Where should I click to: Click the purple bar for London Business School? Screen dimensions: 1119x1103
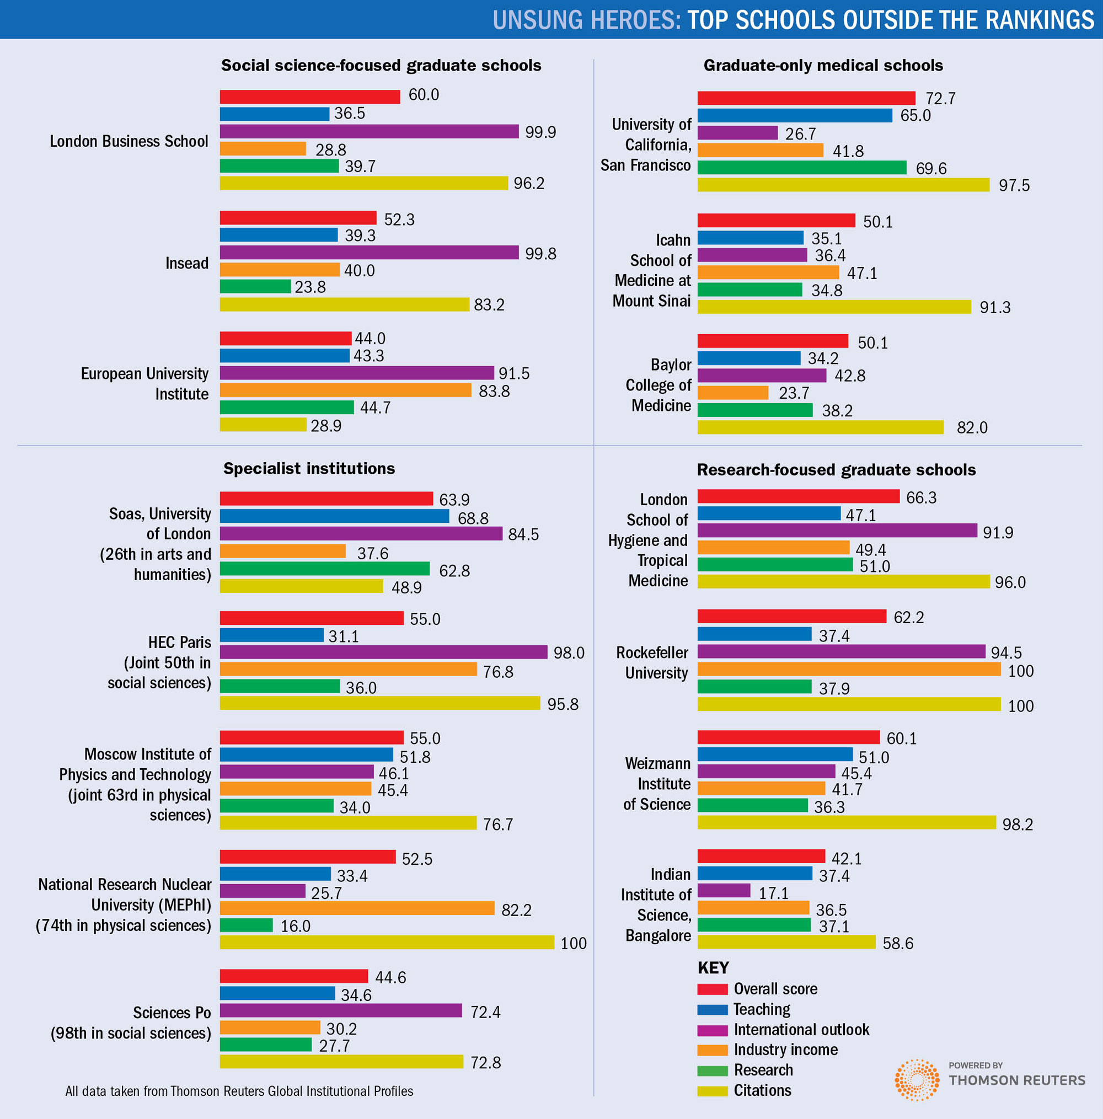(x=369, y=131)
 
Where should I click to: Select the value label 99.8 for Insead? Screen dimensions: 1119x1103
(x=540, y=254)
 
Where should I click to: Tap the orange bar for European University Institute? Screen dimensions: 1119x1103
(x=345, y=390)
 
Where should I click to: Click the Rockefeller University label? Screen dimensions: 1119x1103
(x=652, y=662)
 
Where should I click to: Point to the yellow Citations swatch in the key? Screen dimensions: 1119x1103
(x=712, y=1091)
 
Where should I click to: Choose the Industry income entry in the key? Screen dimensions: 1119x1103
(x=785, y=1050)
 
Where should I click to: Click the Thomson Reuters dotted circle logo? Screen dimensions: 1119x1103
(x=917, y=1080)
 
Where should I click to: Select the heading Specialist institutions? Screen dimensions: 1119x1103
(x=309, y=469)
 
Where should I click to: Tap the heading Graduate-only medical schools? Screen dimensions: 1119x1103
(x=823, y=66)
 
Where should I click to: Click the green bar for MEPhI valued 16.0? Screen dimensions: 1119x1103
(x=246, y=925)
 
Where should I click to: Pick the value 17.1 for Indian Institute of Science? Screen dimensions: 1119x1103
(x=773, y=893)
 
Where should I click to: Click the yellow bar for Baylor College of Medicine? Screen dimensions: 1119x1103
(x=820, y=427)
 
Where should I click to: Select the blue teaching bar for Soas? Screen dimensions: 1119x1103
(x=334, y=516)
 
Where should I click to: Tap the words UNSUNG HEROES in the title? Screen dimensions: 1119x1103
(x=586, y=20)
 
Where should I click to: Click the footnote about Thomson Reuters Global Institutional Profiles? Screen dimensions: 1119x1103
(x=239, y=1091)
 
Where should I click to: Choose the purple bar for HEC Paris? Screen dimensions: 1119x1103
(x=383, y=652)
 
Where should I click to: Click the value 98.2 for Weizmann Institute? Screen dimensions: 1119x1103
(x=1018, y=824)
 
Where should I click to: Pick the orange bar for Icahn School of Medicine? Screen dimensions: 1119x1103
(x=768, y=272)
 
